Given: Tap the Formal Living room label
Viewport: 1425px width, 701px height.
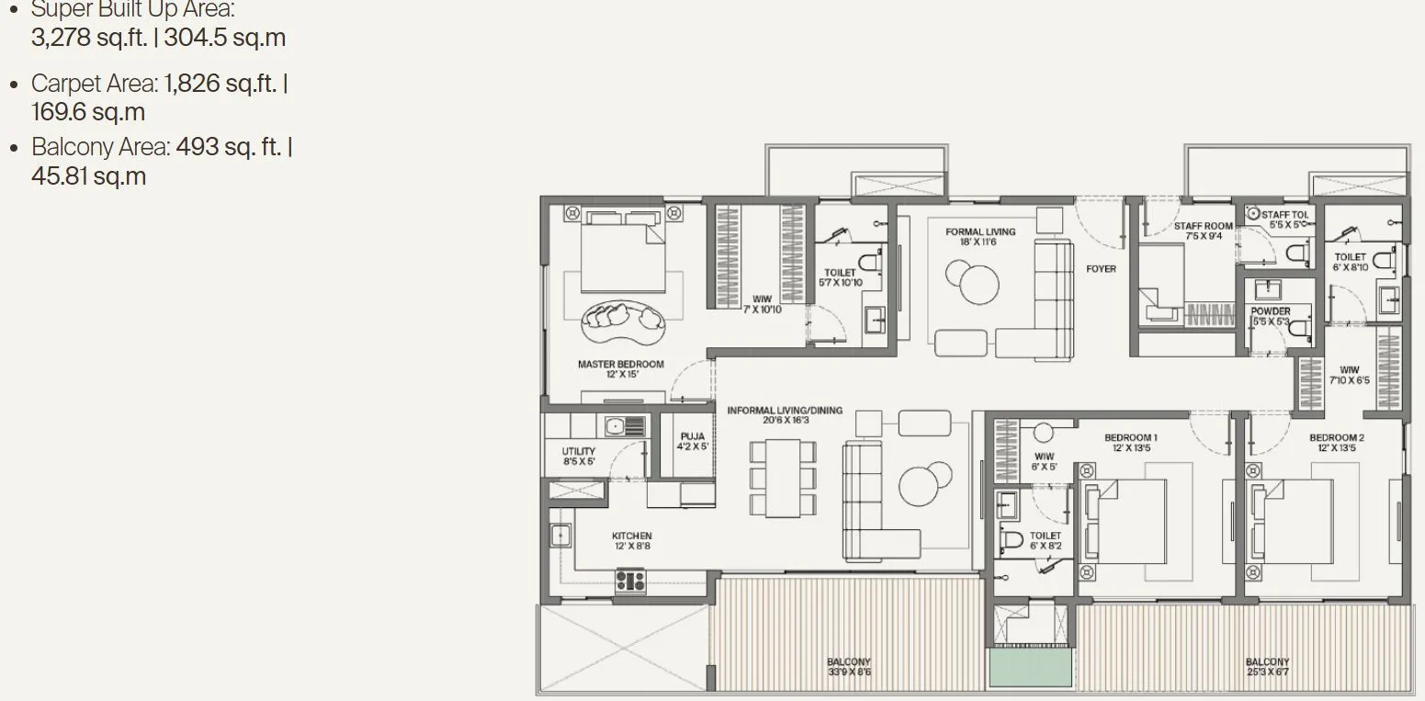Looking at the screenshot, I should [980, 237].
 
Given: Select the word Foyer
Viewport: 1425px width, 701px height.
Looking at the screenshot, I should [1101, 269].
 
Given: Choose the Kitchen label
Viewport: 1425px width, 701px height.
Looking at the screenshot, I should [631, 540].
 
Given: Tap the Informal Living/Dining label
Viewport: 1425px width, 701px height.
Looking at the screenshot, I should [785, 414].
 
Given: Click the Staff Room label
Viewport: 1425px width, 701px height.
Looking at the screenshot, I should [1203, 231].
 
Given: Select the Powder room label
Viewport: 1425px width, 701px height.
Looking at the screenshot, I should [1271, 316].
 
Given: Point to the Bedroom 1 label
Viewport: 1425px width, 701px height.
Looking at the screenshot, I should [1130, 443].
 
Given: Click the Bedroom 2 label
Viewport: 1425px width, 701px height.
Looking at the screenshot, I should [1336, 443].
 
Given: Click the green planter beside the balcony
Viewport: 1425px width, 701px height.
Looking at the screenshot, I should [1030, 668].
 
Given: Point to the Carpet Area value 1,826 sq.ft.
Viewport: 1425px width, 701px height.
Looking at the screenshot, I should [220, 84].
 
